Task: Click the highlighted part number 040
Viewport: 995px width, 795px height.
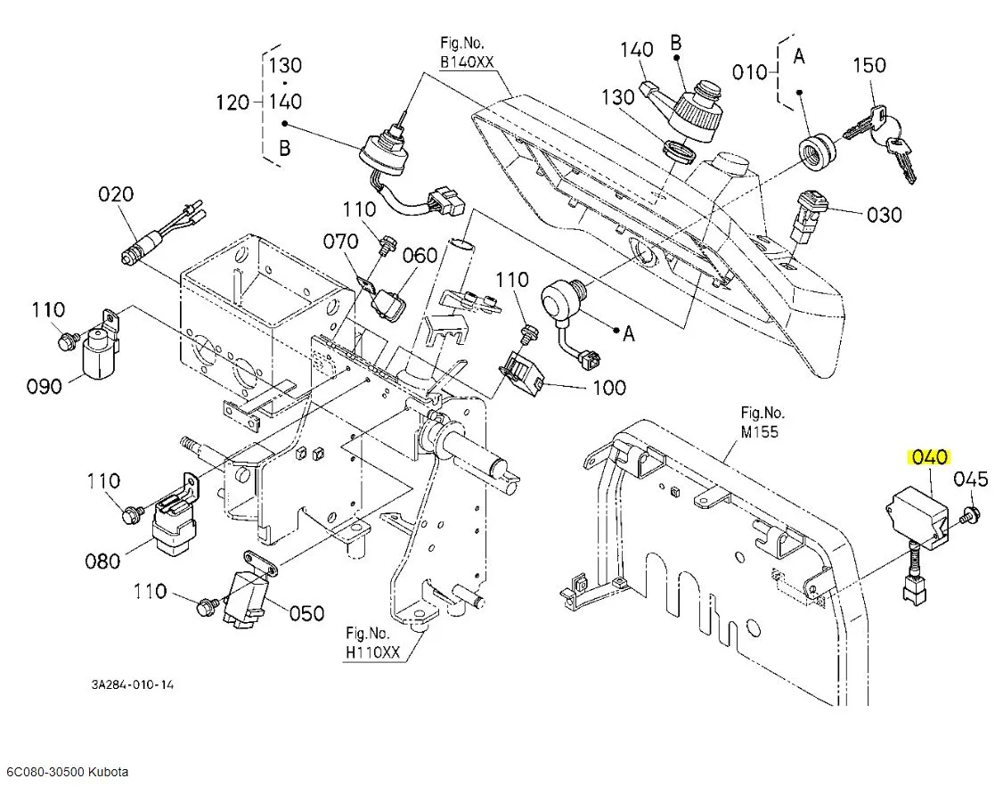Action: point(930,457)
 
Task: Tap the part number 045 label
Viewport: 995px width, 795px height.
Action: point(971,479)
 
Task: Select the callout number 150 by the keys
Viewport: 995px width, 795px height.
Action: point(869,65)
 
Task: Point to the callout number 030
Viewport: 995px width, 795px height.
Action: point(884,215)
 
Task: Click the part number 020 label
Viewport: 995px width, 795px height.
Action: point(116,193)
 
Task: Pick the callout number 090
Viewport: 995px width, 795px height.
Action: point(44,386)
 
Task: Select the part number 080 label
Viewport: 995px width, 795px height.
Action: point(102,561)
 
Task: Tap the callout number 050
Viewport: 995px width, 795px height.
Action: point(306,613)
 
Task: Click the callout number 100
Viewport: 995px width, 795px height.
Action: point(608,388)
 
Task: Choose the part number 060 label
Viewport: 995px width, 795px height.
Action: point(420,255)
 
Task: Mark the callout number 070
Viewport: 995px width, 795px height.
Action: point(341,242)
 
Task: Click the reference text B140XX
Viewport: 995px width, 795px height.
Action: point(467,62)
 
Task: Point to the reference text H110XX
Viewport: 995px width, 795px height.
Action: point(372,652)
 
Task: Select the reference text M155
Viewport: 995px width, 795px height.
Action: point(759,431)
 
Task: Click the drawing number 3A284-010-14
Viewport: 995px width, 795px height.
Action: point(133,684)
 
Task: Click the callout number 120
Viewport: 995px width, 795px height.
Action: point(232,102)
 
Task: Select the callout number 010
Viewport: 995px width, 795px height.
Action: point(749,72)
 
